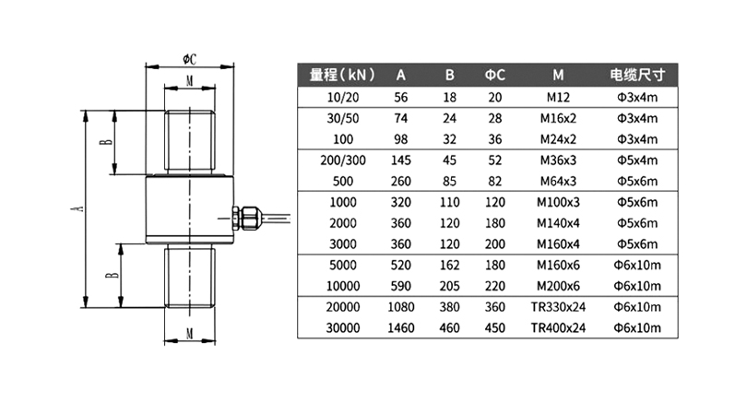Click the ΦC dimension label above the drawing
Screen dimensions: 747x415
190,59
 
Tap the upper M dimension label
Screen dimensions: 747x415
190,81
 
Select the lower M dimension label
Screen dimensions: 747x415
190,334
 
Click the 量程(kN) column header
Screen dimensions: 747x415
342,75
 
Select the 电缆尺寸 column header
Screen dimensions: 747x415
637,75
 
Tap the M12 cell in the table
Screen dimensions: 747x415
558,97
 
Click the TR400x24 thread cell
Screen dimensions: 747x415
558,327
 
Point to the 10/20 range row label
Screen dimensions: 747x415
343,97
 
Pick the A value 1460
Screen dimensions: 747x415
401,327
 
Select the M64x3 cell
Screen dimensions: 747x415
558,181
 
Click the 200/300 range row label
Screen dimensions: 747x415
343,160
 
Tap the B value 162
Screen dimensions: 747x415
450,265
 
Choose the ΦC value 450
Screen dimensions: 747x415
495,327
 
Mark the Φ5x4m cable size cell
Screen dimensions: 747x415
637,160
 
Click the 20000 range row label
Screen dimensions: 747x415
343,307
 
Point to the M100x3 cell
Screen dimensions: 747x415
558,202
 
